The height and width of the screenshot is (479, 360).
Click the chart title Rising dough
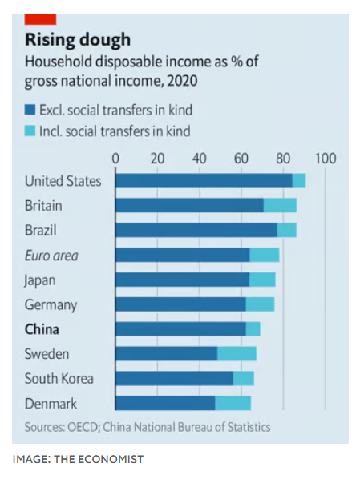tap(78, 39)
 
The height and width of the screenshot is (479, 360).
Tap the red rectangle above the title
tap(41, 18)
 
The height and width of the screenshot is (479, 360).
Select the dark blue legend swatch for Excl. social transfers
tap(30, 110)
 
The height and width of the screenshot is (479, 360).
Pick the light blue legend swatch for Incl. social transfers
tap(30, 131)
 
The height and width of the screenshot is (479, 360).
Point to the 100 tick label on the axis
tap(325, 158)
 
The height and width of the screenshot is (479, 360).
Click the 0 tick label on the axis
tap(115, 158)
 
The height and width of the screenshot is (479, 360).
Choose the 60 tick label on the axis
tap(241, 158)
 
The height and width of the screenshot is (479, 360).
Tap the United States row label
tap(63, 181)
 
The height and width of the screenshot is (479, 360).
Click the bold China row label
tap(42, 329)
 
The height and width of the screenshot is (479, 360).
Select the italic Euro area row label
tap(51, 256)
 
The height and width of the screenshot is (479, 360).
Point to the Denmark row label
tap(51, 404)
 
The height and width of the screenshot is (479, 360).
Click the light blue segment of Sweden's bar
tap(237, 354)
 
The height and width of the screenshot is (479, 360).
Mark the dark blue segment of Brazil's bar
tap(196, 231)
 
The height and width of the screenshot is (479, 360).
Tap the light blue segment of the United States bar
tap(299, 181)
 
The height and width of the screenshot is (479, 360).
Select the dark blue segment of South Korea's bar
tap(174, 379)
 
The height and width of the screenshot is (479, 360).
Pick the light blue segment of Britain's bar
tap(280, 206)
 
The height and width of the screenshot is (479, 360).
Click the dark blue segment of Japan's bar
tap(182, 280)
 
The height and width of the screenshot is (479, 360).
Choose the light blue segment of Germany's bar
tap(260, 304)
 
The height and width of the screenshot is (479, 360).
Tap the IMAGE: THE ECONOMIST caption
tap(78, 459)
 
